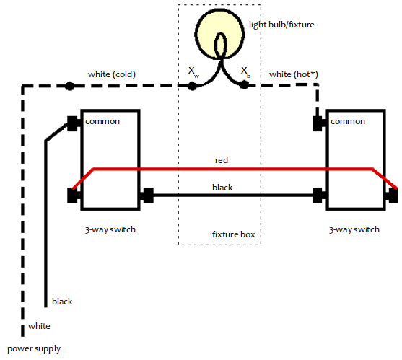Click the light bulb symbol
coord(219,35)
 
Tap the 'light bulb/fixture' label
coord(281,25)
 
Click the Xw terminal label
coord(193,72)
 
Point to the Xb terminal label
coord(245,72)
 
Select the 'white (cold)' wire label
coord(112,74)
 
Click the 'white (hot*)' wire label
coord(294,74)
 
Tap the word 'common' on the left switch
coord(102,121)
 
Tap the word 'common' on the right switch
coord(348,121)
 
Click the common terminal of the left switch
coord(73,124)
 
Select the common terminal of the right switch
coord(318,124)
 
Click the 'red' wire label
coord(222,160)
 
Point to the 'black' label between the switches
coord(222,188)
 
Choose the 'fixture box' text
coord(233,234)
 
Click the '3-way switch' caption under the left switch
coord(110,229)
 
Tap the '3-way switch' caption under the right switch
coord(354,229)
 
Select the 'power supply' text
coord(34,349)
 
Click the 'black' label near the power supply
coord(62,302)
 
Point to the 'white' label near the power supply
coord(39,326)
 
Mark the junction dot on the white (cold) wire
coord(69,86)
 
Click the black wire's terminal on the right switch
coord(318,196)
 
